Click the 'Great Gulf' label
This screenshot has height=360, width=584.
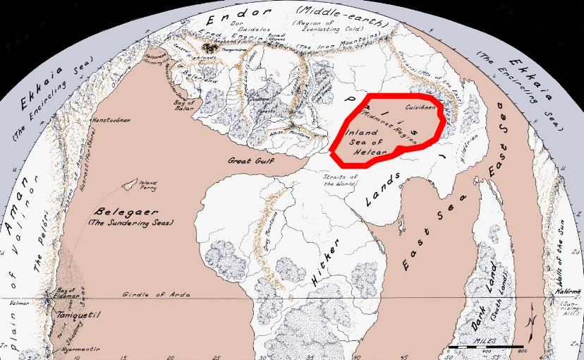249,161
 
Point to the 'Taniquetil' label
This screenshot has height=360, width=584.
75,314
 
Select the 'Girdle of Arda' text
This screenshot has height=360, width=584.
147,294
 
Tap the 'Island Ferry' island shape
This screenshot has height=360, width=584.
130,185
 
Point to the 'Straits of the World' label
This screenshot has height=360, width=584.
341,179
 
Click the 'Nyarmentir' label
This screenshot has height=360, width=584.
78,350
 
